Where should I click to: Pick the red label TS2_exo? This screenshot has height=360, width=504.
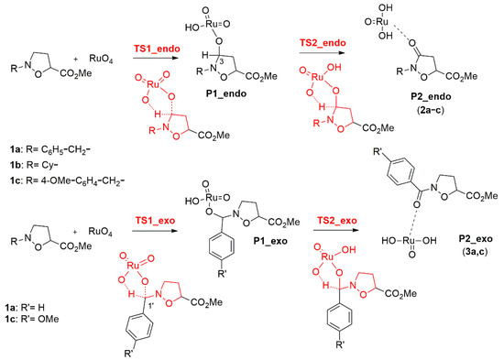(317, 223)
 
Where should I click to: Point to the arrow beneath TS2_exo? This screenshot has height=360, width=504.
(317, 234)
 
